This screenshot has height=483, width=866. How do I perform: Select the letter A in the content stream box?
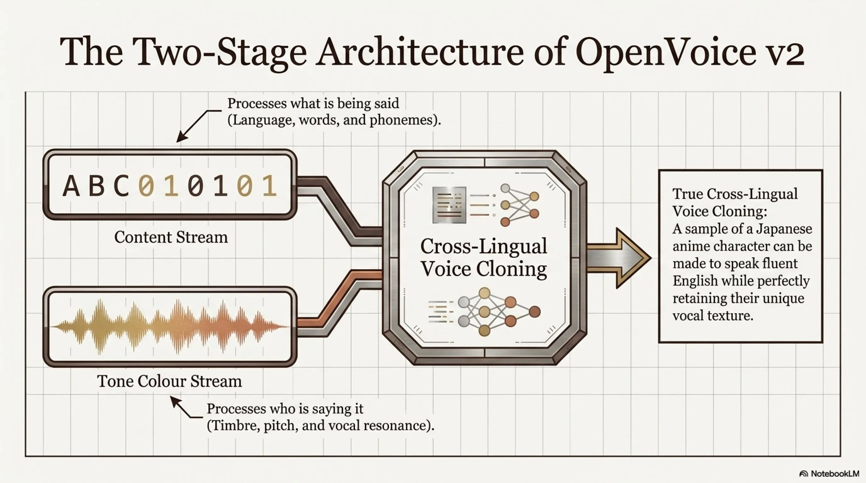pos(71,186)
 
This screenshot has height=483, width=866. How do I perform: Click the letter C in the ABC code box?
pos(121,186)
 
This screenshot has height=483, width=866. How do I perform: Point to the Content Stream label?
pos(171,237)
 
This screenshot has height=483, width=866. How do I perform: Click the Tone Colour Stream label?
pos(169,381)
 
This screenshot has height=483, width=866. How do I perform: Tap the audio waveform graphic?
pos(170,326)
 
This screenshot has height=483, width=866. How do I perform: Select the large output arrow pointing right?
pos(619,258)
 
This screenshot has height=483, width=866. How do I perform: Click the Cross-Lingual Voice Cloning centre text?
pos(484,257)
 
